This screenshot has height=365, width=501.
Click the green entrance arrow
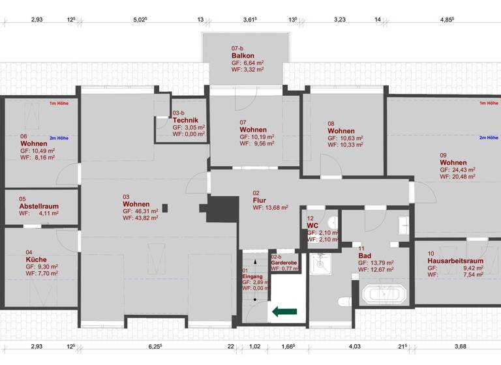click(x=284, y=312)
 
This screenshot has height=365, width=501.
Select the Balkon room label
click(x=242, y=55)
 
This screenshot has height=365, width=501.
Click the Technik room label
click(x=185, y=120)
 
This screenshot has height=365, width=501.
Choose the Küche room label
click(x=37, y=259)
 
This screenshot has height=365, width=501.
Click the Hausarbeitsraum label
click(x=455, y=261)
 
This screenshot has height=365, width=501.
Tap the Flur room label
click(x=260, y=200)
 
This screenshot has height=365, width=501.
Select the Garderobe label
click(x=284, y=263)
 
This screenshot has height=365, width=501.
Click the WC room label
click(x=312, y=226)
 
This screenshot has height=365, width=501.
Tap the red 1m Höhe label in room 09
click(x=489, y=103)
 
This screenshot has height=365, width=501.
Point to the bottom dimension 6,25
click(x=155, y=346)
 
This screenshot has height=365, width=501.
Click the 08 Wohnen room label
click(x=341, y=130)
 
